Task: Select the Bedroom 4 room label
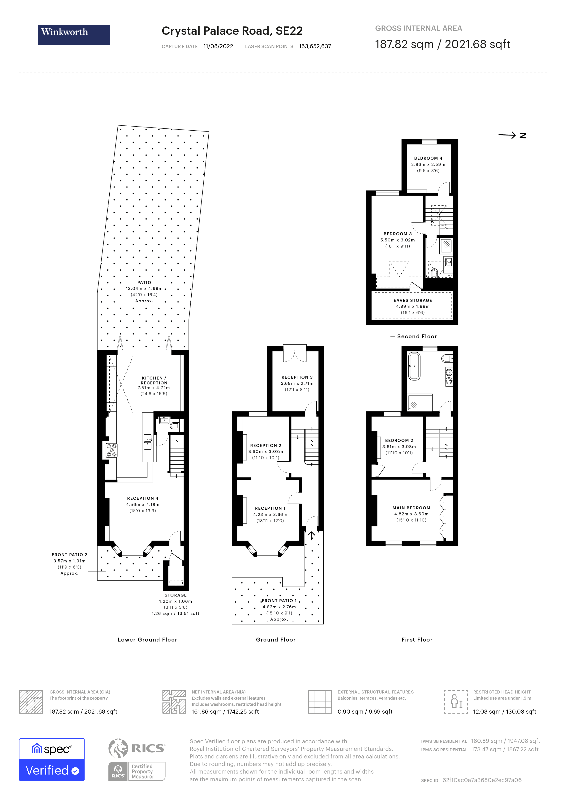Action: coord(428,158)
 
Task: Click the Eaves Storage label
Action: coord(413,300)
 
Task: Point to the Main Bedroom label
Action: coord(411,508)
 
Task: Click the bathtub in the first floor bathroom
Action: coord(414,366)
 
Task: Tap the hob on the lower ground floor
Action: coord(111,450)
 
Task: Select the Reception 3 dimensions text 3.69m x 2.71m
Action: coord(297,383)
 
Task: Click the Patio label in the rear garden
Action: coord(144,283)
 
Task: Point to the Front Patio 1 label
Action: coord(279,601)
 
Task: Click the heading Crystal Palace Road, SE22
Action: coord(232,31)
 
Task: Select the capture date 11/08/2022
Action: coord(218,46)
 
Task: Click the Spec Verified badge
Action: coord(51,760)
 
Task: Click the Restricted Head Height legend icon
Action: coord(456,701)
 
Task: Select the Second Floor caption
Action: coord(417,336)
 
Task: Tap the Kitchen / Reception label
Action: coord(154,380)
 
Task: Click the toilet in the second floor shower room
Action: coord(434,272)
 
